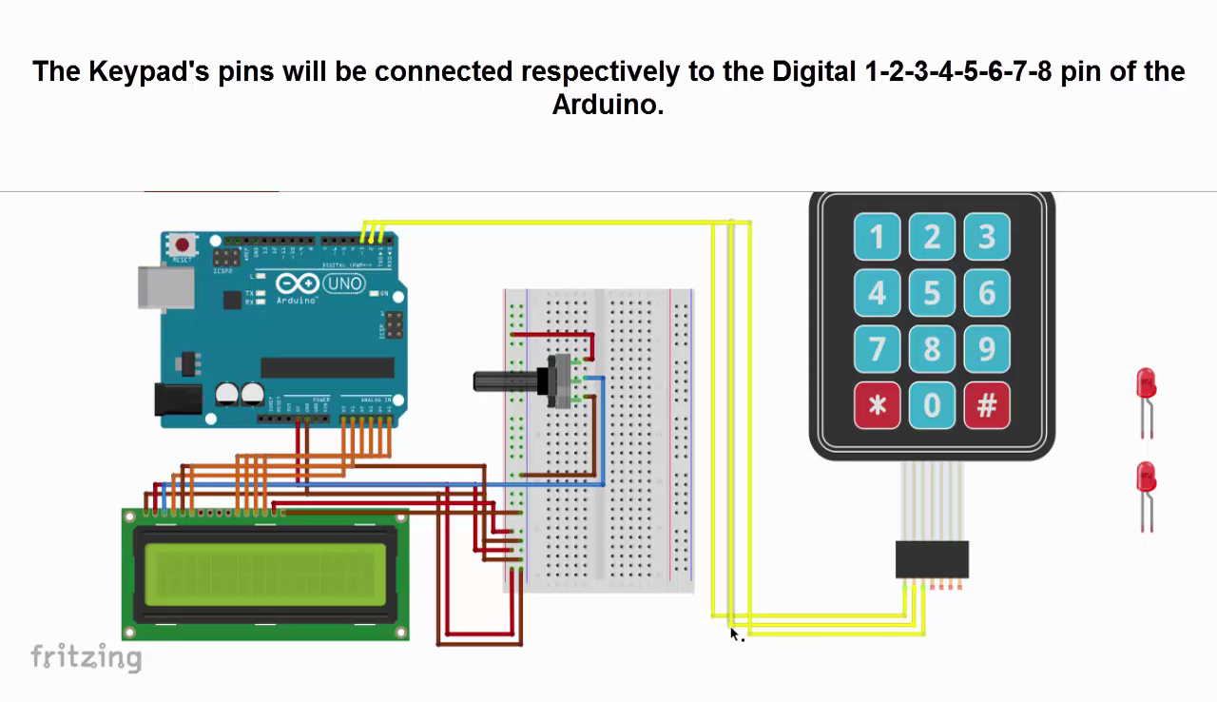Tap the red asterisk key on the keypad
pos(877,406)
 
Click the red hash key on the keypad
pos(987,406)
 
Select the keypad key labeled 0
pos(932,406)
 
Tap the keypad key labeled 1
pos(877,238)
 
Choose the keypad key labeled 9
pos(987,350)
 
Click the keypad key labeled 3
pos(987,238)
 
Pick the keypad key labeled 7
pos(877,350)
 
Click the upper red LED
pos(1146,384)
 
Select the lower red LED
pos(1146,478)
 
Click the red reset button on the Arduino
pos(182,246)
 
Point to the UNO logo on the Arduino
pos(343,283)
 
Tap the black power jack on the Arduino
pos(178,400)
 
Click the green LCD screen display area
pos(265,574)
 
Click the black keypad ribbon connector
pos(932,559)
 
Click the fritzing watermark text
pos(86,656)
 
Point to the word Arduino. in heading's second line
pos(608,104)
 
